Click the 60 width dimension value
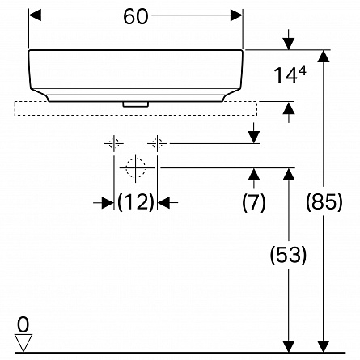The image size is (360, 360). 136,16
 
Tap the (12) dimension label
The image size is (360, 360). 136,202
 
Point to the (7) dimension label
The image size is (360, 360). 254,202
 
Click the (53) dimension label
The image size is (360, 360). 288,255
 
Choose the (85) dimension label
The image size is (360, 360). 324,202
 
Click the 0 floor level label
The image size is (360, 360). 23,324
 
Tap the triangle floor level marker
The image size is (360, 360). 23,343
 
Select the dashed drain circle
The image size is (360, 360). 136,167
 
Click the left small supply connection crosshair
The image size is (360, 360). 114,143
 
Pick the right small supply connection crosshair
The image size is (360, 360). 157,143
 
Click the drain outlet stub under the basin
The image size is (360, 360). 136,104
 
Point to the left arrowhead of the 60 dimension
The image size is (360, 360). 35,15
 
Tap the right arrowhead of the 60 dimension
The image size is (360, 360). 236,15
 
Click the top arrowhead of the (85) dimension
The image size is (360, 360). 324,56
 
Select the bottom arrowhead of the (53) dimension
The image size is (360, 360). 289,346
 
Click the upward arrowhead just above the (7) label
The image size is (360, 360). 254,174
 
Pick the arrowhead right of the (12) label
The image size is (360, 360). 164,202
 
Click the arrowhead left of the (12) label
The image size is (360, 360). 108,202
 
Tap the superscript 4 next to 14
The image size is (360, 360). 303,72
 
